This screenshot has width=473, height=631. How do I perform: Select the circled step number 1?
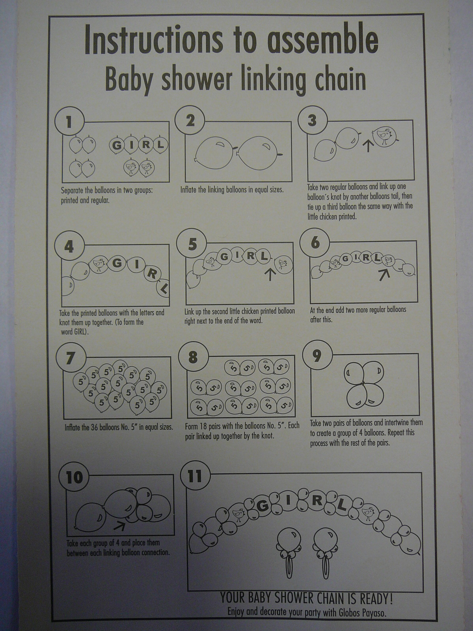(69, 121)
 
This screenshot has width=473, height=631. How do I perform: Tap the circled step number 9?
(317, 357)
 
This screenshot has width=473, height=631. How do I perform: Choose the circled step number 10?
(74, 478)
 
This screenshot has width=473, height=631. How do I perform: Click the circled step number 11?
(195, 476)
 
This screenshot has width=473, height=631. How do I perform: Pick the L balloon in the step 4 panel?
(163, 287)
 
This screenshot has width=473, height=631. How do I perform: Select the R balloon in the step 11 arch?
(317, 501)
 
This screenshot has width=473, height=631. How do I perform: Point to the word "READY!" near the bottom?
(376, 599)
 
